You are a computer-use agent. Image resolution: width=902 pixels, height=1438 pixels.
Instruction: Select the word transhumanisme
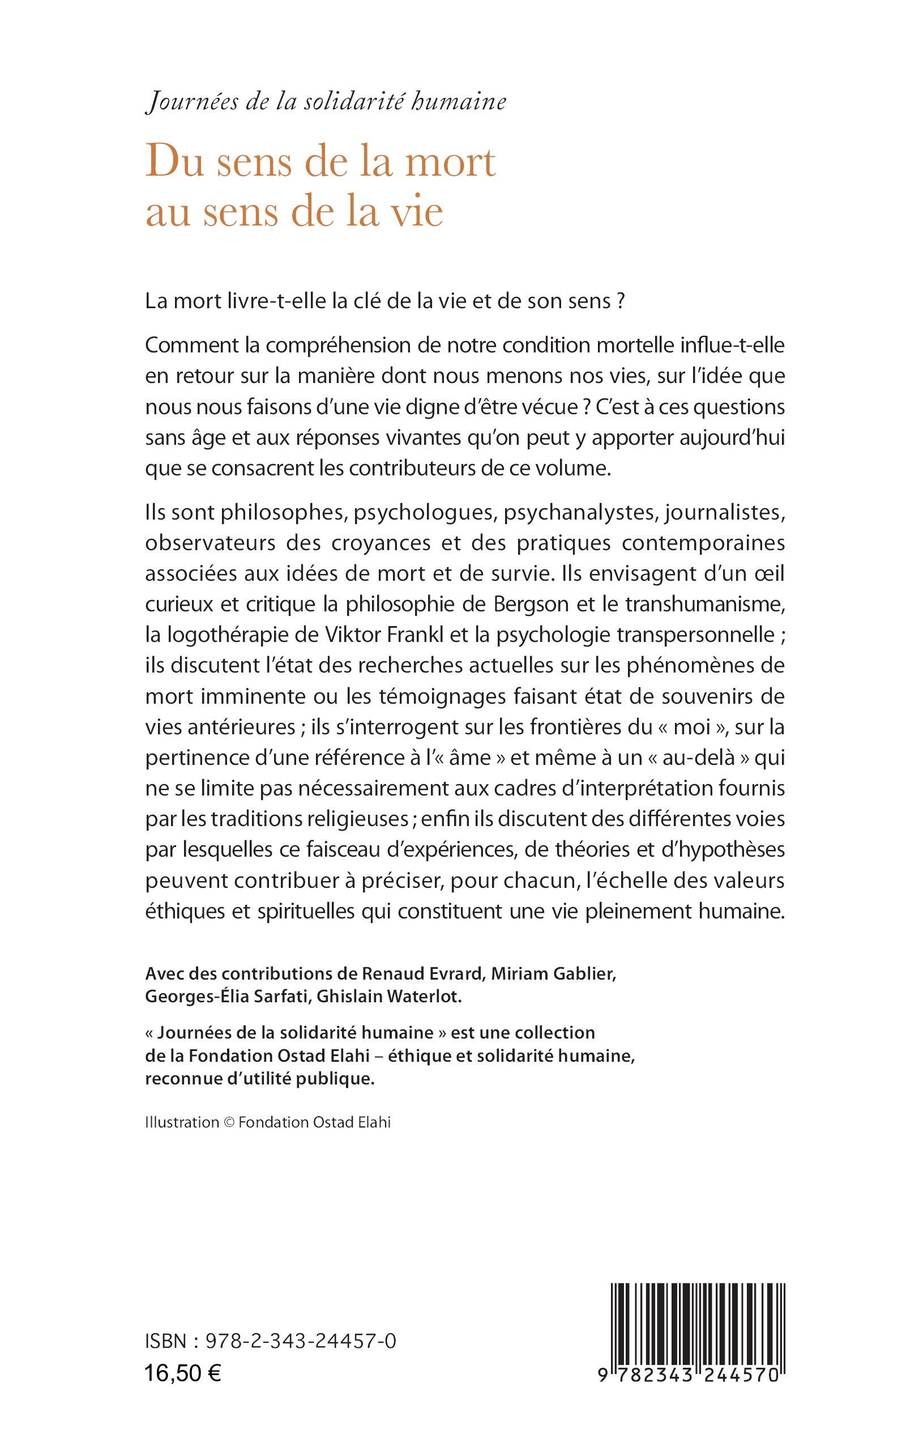tap(704, 604)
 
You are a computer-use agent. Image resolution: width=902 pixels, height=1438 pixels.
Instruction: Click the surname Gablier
tap(584, 973)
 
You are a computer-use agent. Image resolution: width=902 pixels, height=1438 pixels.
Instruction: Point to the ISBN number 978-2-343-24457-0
tap(301, 1341)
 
